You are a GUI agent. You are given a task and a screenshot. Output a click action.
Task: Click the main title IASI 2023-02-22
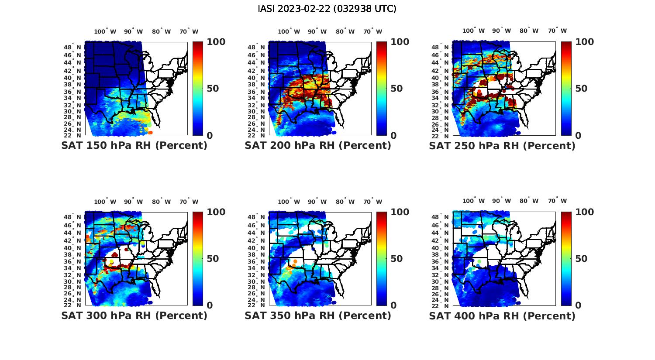(x=327, y=9)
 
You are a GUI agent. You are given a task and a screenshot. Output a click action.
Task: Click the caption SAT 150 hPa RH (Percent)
(x=134, y=146)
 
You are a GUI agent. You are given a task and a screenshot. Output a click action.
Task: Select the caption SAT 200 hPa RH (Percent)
(x=318, y=146)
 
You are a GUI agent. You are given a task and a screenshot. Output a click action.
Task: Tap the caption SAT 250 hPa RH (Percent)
(x=502, y=146)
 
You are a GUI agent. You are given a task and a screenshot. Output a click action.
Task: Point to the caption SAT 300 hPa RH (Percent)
(x=134, y=315)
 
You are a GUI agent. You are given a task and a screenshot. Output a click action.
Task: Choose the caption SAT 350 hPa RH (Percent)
(x=318, y=315)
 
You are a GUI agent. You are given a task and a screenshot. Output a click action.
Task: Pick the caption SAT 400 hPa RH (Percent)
(x=502, y=315)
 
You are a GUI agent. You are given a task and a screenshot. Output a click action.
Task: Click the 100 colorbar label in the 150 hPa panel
(x=216, y=42)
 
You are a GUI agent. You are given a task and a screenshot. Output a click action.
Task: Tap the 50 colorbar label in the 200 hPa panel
(x=396, y=89)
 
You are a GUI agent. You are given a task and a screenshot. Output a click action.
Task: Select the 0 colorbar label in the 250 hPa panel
(x=578, y=136)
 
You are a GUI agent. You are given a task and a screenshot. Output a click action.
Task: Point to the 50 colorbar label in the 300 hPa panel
(x=213, y=259)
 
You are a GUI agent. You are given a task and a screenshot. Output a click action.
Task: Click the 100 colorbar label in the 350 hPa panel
(x=400, y=212)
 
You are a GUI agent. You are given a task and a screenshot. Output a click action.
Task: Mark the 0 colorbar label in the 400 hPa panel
(x=578, y=305)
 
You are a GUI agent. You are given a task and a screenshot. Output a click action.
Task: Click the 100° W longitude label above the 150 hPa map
(x=105, y=31)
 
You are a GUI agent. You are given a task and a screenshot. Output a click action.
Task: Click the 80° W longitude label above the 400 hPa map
(x=529, y=201)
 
